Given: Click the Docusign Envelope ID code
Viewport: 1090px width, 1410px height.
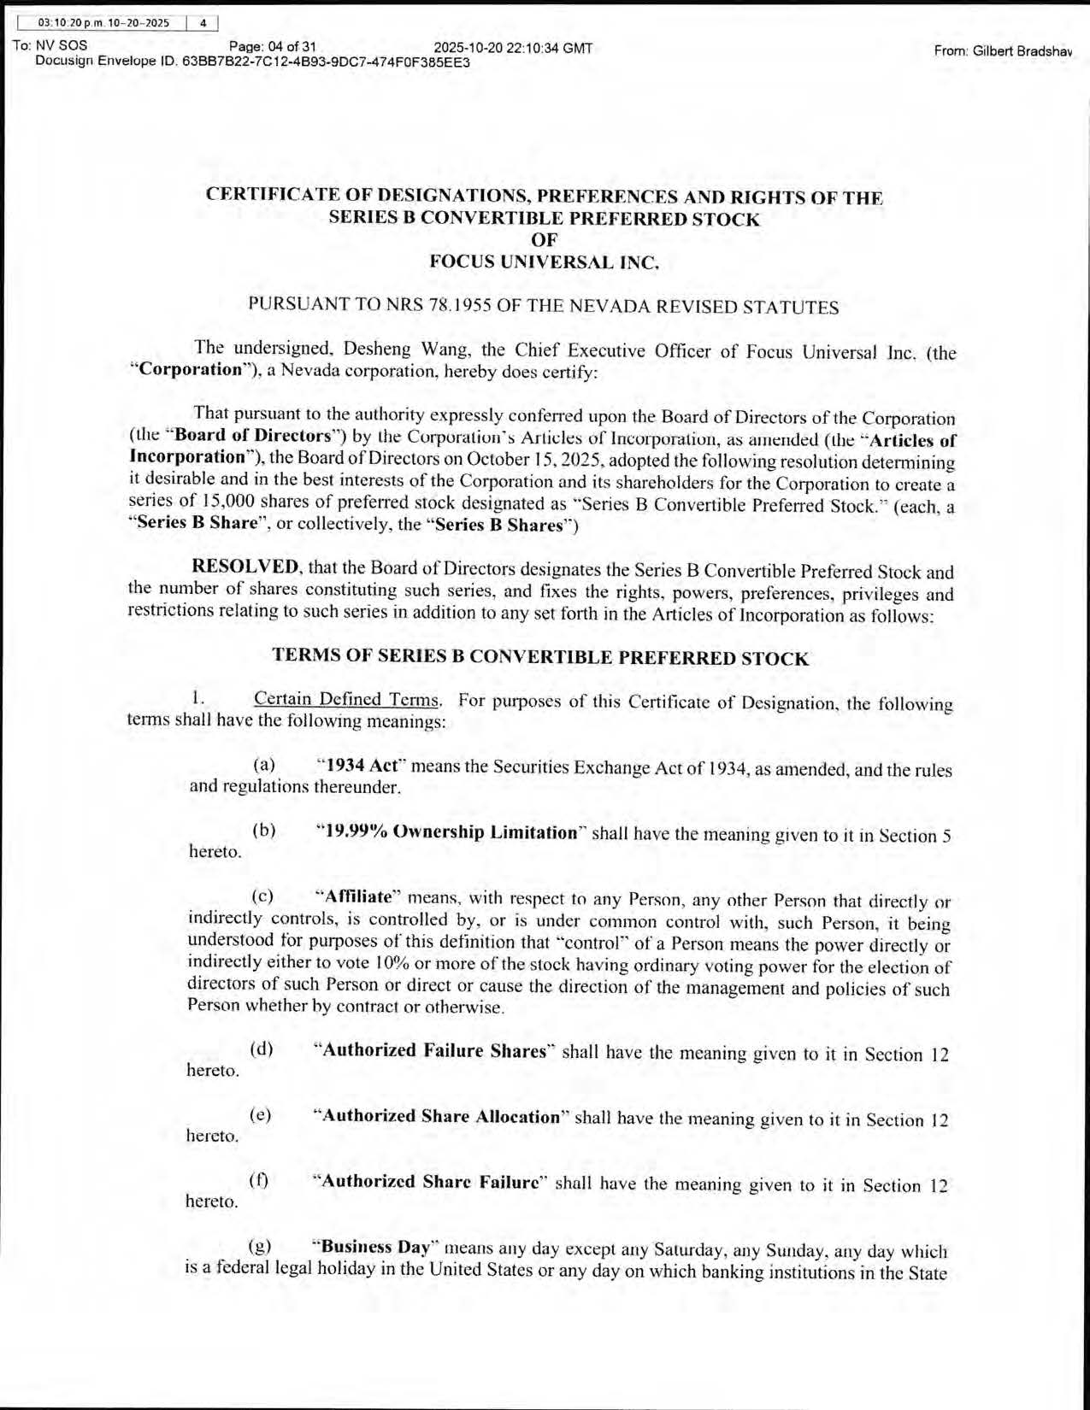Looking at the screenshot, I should [326, 62].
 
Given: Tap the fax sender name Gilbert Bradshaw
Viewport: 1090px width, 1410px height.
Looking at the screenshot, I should [1002, 51].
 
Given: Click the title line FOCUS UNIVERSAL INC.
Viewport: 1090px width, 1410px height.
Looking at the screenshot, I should [544, 261].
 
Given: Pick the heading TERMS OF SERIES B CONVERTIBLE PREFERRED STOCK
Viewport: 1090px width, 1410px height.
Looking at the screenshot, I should [539, 657].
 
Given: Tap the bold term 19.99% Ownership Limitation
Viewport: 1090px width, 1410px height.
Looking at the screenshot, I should [447, 832].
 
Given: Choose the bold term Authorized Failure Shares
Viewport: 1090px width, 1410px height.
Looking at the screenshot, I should [433, 1050].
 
